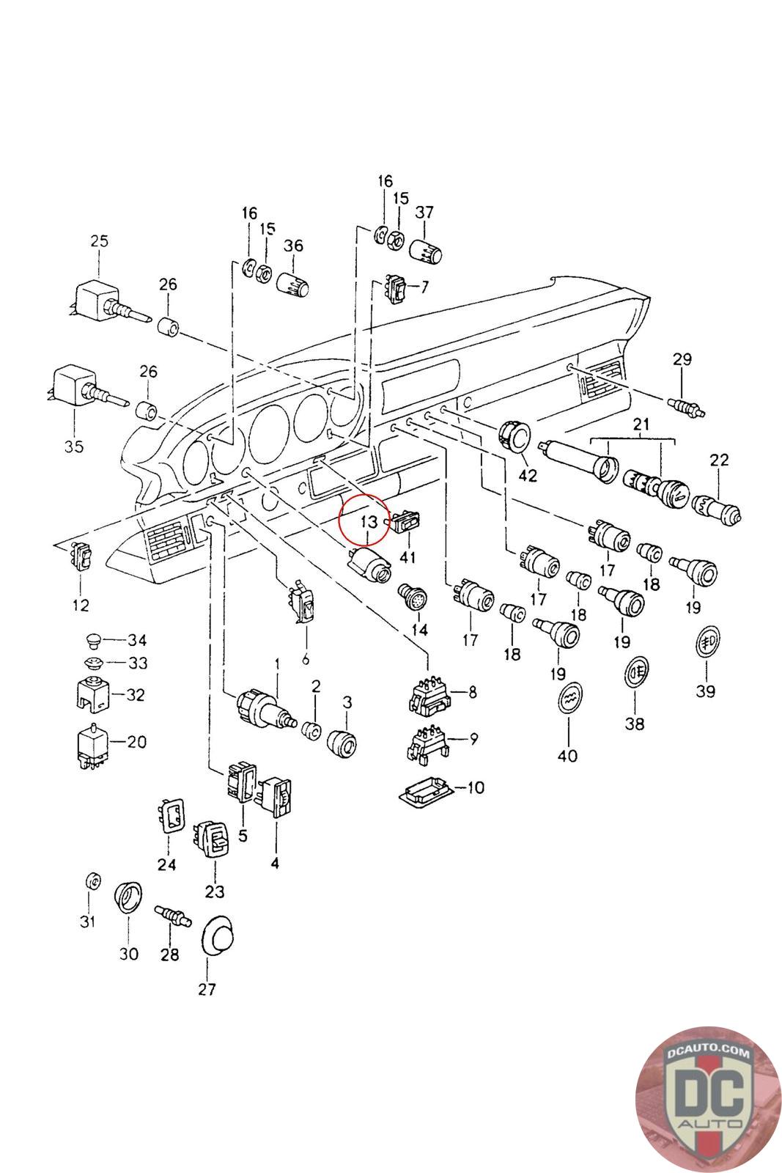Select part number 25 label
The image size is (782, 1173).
(x=99, y=241)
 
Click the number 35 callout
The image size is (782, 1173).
(x=74, y=446)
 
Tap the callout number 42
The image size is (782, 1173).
(x=528, y=476)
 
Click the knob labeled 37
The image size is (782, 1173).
(x=425, y=252)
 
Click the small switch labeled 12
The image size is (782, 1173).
(x=81, y=556)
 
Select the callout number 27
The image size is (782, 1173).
(x=207, y=989)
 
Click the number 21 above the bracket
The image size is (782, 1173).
(x=641, y=424)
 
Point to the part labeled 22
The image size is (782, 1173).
(x=716, y=509)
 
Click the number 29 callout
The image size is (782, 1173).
(x=682, y=359)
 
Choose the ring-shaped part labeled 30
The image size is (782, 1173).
(x=128, y=897)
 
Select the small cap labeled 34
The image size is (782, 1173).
(x=94, y=641)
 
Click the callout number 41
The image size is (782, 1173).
(x=407, y=556)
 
